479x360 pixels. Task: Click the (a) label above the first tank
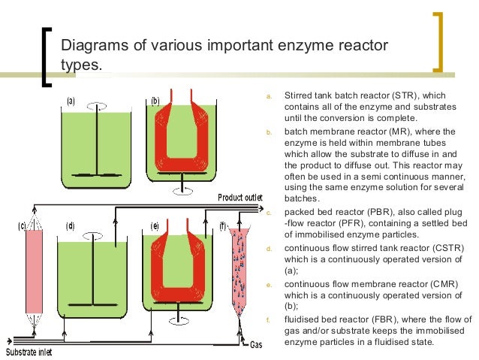[x=71, y=101]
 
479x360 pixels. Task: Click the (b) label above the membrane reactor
[x=155, y=100]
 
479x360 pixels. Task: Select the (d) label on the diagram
[x=71, y=225]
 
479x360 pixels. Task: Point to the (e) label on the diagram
[x=155, y=225]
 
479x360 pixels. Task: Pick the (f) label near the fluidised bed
[x=223, y=225]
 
